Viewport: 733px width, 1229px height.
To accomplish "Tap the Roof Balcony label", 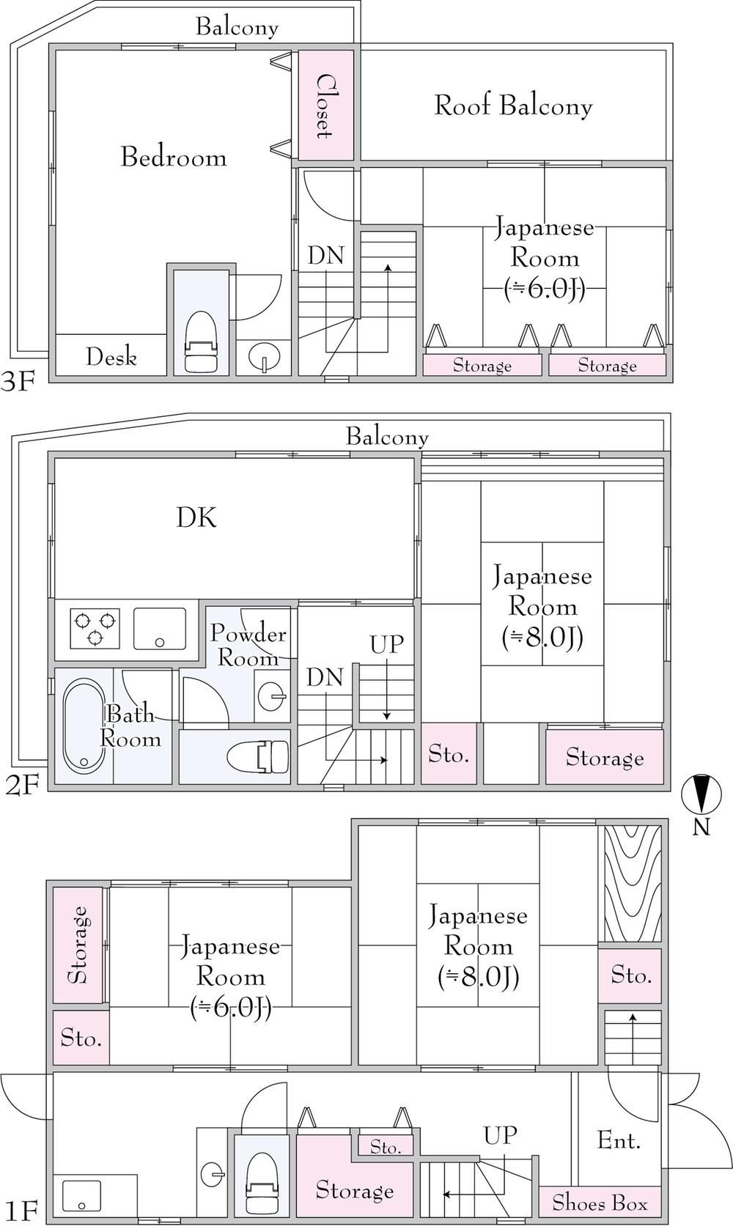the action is click(513, 106).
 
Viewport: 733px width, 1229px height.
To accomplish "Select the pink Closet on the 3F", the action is click(325, 106).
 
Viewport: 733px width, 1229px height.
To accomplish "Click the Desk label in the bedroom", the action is click(111, 357).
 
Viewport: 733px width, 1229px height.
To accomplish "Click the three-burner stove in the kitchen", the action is click(95, 628).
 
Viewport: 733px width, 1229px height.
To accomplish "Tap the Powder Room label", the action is click(248, 645).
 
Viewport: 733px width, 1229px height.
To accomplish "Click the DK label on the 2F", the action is click(196, 517).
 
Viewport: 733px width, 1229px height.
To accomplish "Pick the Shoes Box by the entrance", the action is click(600, 1202).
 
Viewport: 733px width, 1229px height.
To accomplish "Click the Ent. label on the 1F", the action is click(619, 1141).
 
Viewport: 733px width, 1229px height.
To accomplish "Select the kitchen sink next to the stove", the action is click(160, 629).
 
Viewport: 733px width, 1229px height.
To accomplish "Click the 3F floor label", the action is click(18, 382).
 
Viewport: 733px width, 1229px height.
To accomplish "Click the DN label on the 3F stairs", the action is click(326, 255).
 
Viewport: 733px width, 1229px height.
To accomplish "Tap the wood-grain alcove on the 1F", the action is click(633, 885).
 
